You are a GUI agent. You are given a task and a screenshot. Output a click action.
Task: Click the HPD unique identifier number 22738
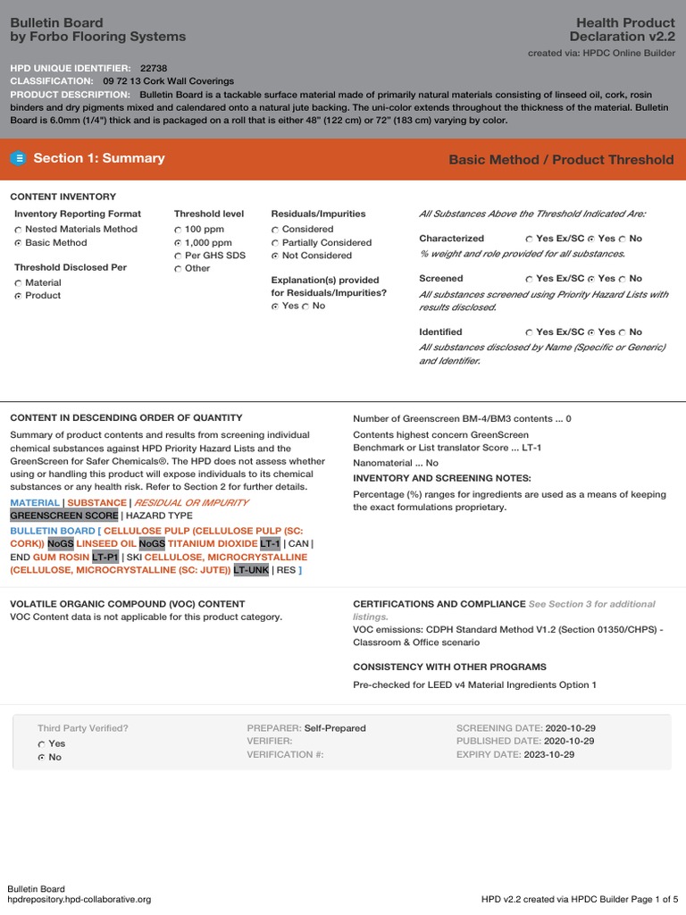[x=154, y=68]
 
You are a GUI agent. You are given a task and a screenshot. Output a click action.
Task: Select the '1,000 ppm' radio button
[x=178, y=243]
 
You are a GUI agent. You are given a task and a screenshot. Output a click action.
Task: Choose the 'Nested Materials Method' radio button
[x=18, y=230]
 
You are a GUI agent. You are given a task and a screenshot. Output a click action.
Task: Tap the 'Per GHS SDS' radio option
[x=178, y=256]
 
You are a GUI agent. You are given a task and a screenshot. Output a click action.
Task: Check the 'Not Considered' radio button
[x=275, y=256]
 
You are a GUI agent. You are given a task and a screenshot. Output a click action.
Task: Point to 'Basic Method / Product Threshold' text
[x=561, y=160]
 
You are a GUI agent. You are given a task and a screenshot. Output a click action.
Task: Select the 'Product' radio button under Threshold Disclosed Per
[x=18, y=296]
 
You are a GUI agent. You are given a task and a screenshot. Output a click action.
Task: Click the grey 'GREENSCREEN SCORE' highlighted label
[x=63, y=516]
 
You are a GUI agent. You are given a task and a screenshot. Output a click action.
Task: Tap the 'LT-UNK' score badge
[x=251, y=569]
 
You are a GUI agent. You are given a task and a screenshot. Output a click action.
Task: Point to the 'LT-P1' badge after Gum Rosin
[x=105, y=557]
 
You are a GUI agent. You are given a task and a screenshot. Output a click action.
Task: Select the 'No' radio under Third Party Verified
[x=41, y=758]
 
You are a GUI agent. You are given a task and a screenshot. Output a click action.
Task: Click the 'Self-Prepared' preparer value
[x=335, y=728]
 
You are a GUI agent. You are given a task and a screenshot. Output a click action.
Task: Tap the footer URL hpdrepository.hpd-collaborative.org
[x=79, y=900]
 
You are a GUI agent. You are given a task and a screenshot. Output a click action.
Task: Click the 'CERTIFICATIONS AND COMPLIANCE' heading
[x=439, y=604]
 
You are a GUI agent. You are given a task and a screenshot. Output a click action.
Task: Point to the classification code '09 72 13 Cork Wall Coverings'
[x=169, y=81]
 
